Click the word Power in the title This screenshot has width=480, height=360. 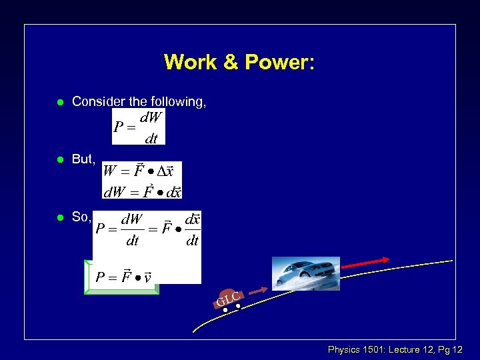click(279, 62)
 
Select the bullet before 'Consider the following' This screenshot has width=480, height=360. click(59, 102)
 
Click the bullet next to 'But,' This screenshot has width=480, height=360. click(59, 160)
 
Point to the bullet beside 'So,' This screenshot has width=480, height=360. click(59, 217)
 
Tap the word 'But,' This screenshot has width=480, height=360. click(84, 160)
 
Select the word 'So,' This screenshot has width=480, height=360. click(81, 217)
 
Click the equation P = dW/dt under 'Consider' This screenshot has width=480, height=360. click(138, 127)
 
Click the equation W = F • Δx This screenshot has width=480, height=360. click(140, 171)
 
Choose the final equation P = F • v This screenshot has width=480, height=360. click(123, 276)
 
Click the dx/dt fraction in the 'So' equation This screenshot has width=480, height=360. click(192, 230)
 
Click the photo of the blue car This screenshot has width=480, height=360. click(306, 273)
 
